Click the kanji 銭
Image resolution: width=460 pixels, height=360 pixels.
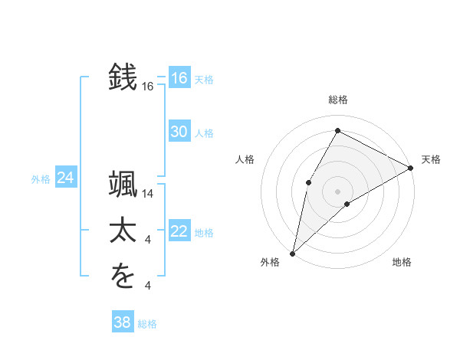point(123,78)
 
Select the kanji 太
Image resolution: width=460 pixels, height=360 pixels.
point(123,232)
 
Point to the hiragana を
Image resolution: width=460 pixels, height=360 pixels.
point(123,277)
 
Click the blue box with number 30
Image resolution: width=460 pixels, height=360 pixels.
point(179,132)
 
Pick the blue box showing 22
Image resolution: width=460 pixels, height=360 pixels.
point(179,231)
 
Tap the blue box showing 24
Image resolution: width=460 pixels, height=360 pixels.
point(65,178)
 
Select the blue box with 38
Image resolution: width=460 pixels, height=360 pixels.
point(122,322)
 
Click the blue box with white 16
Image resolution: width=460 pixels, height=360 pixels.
point(179,78)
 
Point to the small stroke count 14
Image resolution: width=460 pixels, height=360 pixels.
point(148,194)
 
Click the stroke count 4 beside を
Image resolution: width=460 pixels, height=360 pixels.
point(148,286)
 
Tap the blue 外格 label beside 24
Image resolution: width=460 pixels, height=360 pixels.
point(41,179)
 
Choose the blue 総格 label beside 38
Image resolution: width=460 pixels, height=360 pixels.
point(147,324)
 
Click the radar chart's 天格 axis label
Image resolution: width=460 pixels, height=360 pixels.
point(431,159)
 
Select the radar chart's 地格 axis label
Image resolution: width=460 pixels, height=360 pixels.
point(402,263)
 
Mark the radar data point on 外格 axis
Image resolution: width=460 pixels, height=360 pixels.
point(292,253)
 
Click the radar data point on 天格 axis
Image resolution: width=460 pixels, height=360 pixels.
point(411,168)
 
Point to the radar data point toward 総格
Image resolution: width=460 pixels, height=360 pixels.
point(337,131)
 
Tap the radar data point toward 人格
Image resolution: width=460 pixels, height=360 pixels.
point(308,182)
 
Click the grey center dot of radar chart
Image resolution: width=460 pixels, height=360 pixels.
point(337,191)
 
